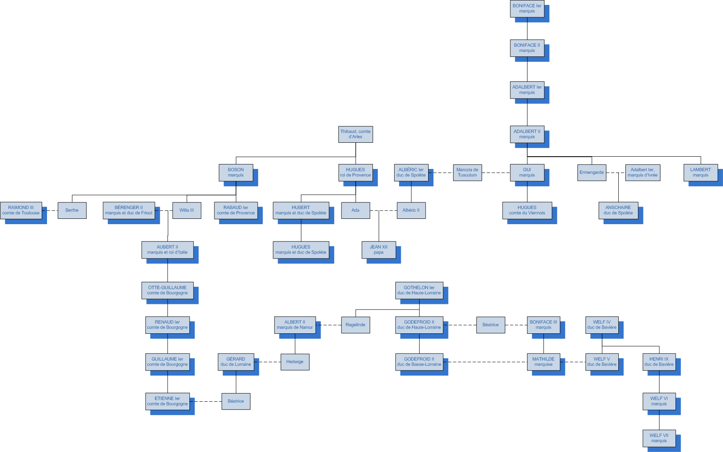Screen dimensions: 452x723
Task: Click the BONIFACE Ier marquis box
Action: [x=527, y=9]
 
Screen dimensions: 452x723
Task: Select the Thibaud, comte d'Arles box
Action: [x=355, y=134]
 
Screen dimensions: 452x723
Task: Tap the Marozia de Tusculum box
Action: [x=467, y=173]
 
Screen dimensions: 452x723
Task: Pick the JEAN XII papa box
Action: [x=378, y=250]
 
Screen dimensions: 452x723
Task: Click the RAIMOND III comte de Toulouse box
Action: [x=21, y=210]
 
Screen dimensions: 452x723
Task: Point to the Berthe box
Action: [x=72, y=210]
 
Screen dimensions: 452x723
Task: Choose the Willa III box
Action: [x=186, y=210]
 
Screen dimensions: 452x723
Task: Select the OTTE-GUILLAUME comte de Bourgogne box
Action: [x=167, y=290]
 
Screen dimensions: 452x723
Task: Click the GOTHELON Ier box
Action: [x=419, y=290]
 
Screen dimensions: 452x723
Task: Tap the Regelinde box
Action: [x=355, y=325]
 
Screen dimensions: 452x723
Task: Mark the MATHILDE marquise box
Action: [x=543, y=362]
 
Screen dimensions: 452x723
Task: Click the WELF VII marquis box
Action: [x=659, y=438]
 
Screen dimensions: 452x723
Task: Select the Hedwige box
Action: [x=295, y=362]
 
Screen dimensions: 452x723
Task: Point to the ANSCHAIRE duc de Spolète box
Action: [x=618, y=210]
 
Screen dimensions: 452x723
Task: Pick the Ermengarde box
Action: [x=591, y=173]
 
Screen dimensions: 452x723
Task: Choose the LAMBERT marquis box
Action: [x=701, y=173]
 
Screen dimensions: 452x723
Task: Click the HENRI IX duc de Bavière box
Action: [x=659, y=362]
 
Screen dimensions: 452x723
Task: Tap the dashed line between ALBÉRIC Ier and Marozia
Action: [x=440, y=173]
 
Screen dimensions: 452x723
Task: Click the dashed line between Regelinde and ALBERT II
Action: [x=328, y=325]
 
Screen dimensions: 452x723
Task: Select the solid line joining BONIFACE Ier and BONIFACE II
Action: [x=527, y=29]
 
